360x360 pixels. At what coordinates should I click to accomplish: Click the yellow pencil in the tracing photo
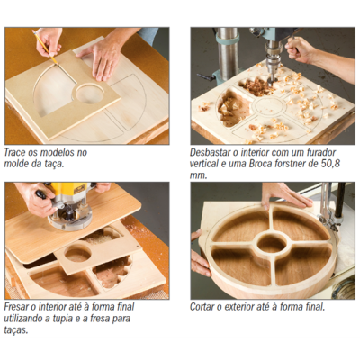tap(45, 47)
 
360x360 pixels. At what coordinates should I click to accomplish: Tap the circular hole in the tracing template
tap(90, 93)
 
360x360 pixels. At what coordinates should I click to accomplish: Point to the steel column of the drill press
tap(228, 54)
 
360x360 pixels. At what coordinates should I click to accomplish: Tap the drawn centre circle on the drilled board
tap(268, 107)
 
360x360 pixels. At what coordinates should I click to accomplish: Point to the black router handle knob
tap(41, 194)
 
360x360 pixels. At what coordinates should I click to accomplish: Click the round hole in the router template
tap(77, 254)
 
